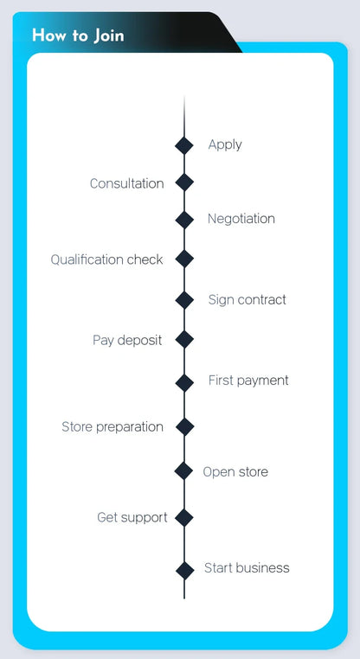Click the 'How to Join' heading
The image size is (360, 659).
[78, 35]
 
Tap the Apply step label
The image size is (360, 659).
[225, 145]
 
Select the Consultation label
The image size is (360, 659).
[126, 183]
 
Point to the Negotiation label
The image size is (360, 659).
[241, 219]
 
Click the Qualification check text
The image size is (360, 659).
[106, 259]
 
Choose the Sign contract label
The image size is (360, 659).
[247, 300]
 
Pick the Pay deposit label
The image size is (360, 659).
[127, 340]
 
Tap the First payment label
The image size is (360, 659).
[248, 381]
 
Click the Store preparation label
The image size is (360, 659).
[112, 427]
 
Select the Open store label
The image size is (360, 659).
[235, 472]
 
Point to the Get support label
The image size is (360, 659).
[132, 518]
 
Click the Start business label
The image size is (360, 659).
[247, 568]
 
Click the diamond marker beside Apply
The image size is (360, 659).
[184, 145]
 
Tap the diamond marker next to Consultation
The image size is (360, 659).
[184, 182]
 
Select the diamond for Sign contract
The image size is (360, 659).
[184, 300]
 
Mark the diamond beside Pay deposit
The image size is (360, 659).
[184, 339]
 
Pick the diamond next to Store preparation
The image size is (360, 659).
[184, 427]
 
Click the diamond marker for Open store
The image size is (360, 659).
[183, 470]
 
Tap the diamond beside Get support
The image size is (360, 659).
[183, 517]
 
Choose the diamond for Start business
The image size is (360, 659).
[184, 570]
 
